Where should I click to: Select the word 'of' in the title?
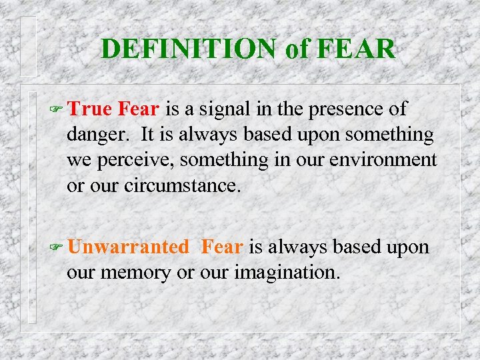point(295,49)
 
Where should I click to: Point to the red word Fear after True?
point(139,109)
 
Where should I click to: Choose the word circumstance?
point(181,185)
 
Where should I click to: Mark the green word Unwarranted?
point(128,247)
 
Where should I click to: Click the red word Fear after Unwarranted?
point(221,247)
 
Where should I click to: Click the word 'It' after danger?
point(149,135)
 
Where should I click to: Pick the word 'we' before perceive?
point(79,160)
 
